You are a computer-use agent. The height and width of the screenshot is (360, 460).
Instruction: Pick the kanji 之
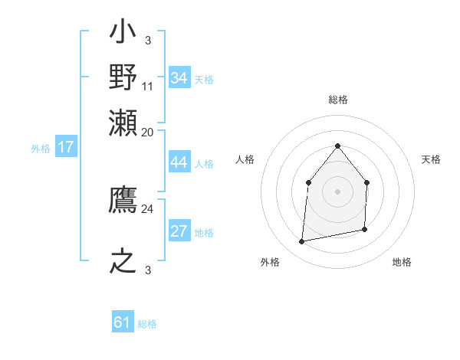123,260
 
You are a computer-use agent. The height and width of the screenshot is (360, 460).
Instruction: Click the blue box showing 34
179,78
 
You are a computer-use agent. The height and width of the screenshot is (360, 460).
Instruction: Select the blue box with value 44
179,162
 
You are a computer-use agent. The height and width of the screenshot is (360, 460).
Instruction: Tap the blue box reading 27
179,232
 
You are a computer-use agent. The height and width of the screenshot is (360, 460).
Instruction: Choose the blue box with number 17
65,147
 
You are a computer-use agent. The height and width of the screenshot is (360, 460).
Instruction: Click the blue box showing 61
123,322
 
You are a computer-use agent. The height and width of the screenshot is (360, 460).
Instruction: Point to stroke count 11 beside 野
148,87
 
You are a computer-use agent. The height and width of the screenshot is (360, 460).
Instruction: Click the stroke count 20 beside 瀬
148,132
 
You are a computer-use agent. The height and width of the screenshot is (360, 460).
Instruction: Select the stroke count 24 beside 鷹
148,208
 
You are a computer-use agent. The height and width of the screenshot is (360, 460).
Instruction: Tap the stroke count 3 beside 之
148,268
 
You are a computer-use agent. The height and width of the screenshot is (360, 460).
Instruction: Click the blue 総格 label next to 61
147,324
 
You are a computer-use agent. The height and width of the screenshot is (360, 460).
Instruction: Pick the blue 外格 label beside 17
41,149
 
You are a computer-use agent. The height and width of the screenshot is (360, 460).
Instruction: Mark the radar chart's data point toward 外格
302,242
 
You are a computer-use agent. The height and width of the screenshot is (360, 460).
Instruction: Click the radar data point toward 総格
337,146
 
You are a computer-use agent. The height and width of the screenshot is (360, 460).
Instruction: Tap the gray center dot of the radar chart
337,191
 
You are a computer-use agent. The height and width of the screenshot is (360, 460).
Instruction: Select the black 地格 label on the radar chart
402,262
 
